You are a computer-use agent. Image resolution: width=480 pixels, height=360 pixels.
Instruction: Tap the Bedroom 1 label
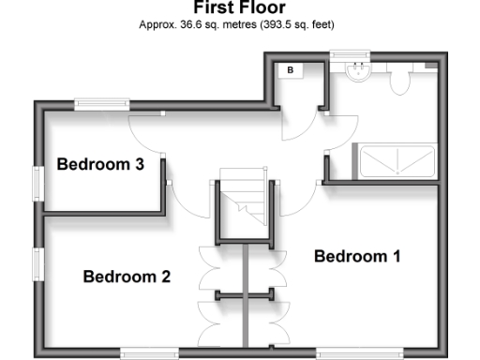pyautogui.click(x=356, y=256)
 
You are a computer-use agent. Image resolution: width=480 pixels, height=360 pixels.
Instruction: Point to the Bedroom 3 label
pyautogui.click(x=100, y=165)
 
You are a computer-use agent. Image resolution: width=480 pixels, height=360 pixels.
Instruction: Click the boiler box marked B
pyautogui.click(x=291, y=70)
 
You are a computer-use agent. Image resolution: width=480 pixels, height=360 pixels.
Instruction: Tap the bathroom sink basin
pyautogui.click(x=357, y=73)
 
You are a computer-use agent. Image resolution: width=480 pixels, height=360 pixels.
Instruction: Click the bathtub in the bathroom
pyautogui.click(x=394, y=160)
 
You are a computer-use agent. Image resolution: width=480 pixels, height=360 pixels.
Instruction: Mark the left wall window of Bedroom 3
pyautogui.click(x=38, y=184)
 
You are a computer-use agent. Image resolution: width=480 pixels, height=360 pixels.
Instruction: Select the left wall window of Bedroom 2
pyautogui.click(x=38, y=265)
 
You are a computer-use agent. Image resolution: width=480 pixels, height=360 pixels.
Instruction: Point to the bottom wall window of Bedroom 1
pyautogui.click(x=344, y=352)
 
